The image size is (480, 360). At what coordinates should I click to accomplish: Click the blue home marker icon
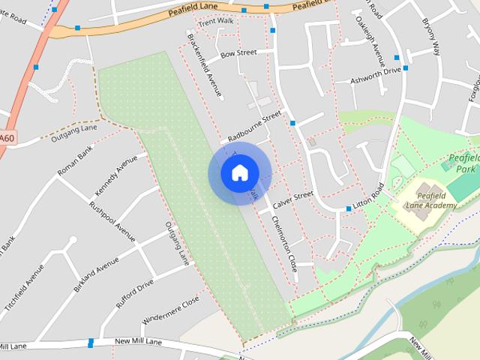[239, 173]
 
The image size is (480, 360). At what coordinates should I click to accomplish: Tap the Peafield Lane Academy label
[430, 200]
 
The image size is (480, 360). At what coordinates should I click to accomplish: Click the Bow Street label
[239, 53]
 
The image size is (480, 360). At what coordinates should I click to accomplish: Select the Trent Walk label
[217, 20]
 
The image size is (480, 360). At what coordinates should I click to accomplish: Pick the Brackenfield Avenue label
[205, 66]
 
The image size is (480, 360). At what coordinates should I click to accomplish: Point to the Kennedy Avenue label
[115, 175]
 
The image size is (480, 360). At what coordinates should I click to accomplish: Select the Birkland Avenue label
[97, 274]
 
